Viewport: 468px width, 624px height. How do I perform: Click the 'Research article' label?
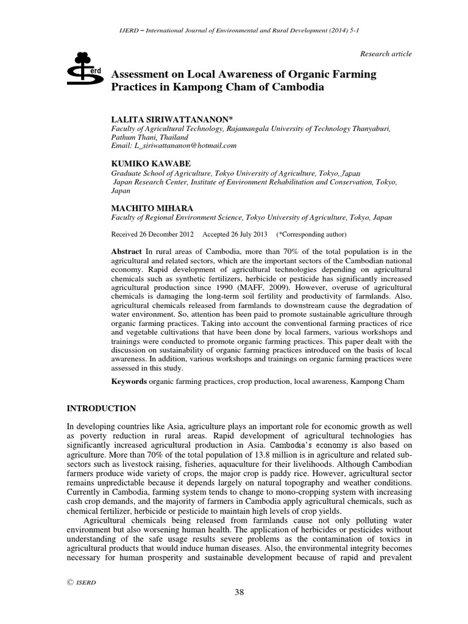pyautogui.click(x=386, y=54)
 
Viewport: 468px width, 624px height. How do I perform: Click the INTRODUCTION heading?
pyautogui.click(x=102, y=408)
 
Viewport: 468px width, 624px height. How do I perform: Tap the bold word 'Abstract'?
pyautogui.click(x=127, y=251)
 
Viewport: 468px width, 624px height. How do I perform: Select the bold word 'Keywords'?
pyautogui.click(x=129, y=381)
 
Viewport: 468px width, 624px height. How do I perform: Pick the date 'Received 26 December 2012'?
pyautogui.click(x=152, y=234)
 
